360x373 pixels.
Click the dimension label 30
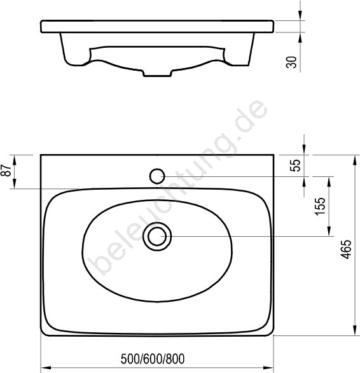(x=291, y=62)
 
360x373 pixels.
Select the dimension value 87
(x=6, y=171)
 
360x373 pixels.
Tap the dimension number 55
(x=296, y=165)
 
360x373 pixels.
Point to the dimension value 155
(x=319, y=206)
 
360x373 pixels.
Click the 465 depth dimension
(x=346, y=249)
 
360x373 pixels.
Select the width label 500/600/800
(x=153, y=359)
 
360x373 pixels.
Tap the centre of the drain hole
(x=157, y=236)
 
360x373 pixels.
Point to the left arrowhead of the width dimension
(x=47, y=368)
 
